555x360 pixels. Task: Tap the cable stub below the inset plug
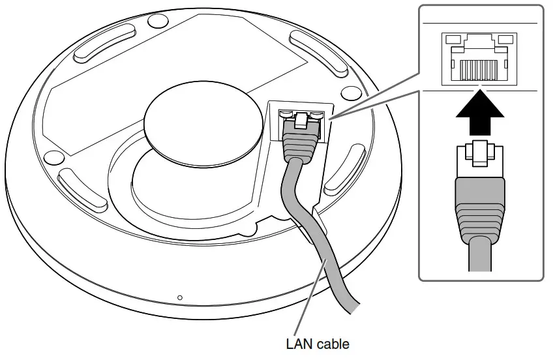point(479,254)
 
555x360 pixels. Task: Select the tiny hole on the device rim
point(181,298)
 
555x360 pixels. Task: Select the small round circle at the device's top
point(157,21)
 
